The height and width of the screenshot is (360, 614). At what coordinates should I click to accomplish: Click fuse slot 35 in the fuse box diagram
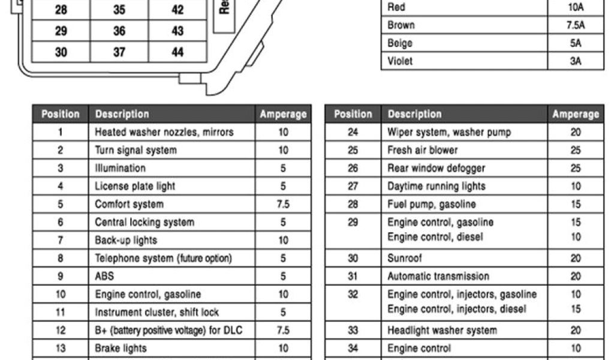pyautogui.click(x=119, y=10)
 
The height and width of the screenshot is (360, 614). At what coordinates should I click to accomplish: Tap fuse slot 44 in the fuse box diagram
pyautogui.click(x=177, y=52)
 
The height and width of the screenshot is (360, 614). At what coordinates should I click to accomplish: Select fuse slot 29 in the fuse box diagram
pyautogui.click(x=61, y=31)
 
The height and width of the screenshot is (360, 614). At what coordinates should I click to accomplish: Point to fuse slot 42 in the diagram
pyautogui.click(x=177, y=10)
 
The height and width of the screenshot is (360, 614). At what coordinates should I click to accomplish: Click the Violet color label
pyautogui.click(x=401, y=61)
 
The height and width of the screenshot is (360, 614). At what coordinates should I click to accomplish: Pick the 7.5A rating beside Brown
pyautogui.click(x=576, y=25)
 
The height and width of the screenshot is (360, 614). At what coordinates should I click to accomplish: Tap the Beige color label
pyautogui.click(x=400, y=43)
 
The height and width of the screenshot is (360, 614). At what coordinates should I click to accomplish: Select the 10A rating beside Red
pyautogui.click(x=576, y=7)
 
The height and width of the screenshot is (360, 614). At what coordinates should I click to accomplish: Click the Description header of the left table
pyautogui.click(x=122, y=114)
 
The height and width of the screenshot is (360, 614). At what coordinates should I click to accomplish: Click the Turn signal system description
pyautogui.click(x=136, y=150)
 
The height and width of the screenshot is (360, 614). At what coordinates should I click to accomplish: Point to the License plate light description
pyautogui.click(x=135, y=186)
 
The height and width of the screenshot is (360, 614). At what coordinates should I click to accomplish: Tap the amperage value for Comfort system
pyautogui.click(x=283, y=204)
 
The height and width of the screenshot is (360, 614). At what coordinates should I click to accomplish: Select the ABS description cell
pyautogui.click(x=104, y=276)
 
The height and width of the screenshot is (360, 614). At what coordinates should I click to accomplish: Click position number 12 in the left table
pyautogui.click(x=61, y=330)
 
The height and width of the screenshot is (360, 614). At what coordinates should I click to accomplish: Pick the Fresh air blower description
pyautogui.click(x=422, y=150)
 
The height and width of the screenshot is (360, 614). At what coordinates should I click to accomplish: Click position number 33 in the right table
pyautogui.click(x=353, y=330)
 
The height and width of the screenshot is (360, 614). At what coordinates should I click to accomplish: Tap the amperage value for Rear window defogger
pyautogui.click(x=576, y=168)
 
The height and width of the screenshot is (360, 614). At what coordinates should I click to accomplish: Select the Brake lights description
pyautogui.click(x=121, y=348)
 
